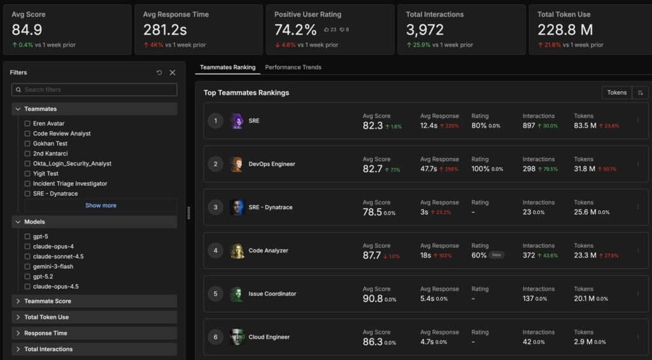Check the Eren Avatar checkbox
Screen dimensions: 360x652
click(27, 124)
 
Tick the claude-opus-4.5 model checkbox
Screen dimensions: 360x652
click(27, 287)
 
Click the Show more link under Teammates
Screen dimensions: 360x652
click(101, 206)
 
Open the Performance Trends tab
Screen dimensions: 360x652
click(293, 68)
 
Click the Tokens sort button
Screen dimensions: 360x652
click(616, 93)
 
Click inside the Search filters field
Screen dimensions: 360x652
click(96, 90)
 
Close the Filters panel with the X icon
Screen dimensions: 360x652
click(172, 73)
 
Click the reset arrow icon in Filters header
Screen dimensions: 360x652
click(159, 73)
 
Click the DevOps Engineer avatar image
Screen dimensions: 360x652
click(237, 164)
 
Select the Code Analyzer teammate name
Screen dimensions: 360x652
click(268, 251)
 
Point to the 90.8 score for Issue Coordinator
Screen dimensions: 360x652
click(372, 298)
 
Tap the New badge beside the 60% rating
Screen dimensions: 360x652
click(497, 255)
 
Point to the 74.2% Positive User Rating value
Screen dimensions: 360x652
click(295, 30)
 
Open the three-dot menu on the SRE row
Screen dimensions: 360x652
click(638, 121)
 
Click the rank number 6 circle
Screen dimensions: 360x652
click(215, 337)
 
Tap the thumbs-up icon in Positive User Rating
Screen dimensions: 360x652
click(327, 30)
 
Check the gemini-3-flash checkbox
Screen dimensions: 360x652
click(27, 266)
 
